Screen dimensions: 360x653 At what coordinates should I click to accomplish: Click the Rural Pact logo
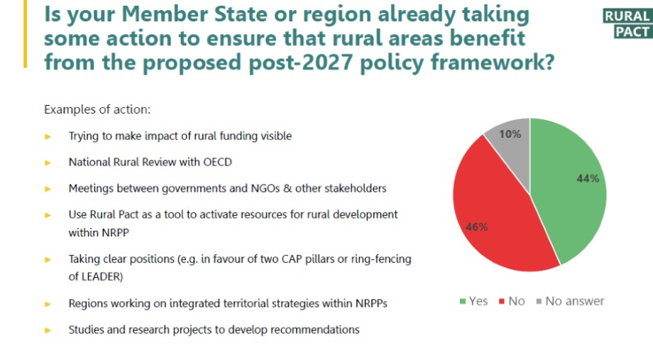pos(627,23)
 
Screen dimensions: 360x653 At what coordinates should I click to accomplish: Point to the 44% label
pos(588,178)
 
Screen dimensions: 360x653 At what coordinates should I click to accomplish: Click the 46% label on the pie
pos(476,227)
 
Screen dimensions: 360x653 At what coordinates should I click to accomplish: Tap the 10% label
pos(510,133)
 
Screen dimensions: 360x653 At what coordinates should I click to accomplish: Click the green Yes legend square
pos(463,301)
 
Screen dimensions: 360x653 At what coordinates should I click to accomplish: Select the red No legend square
pos(502,301)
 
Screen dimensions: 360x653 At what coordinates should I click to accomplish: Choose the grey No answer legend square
pos(539,301)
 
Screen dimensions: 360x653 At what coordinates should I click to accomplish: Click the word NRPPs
pos(370,303)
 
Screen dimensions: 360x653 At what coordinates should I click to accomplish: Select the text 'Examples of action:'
pos(97,110)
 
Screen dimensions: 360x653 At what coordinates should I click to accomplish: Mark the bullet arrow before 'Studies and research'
pos(48,330)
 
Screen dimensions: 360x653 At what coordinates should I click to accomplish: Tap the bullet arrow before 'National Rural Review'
pos(48,163)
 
